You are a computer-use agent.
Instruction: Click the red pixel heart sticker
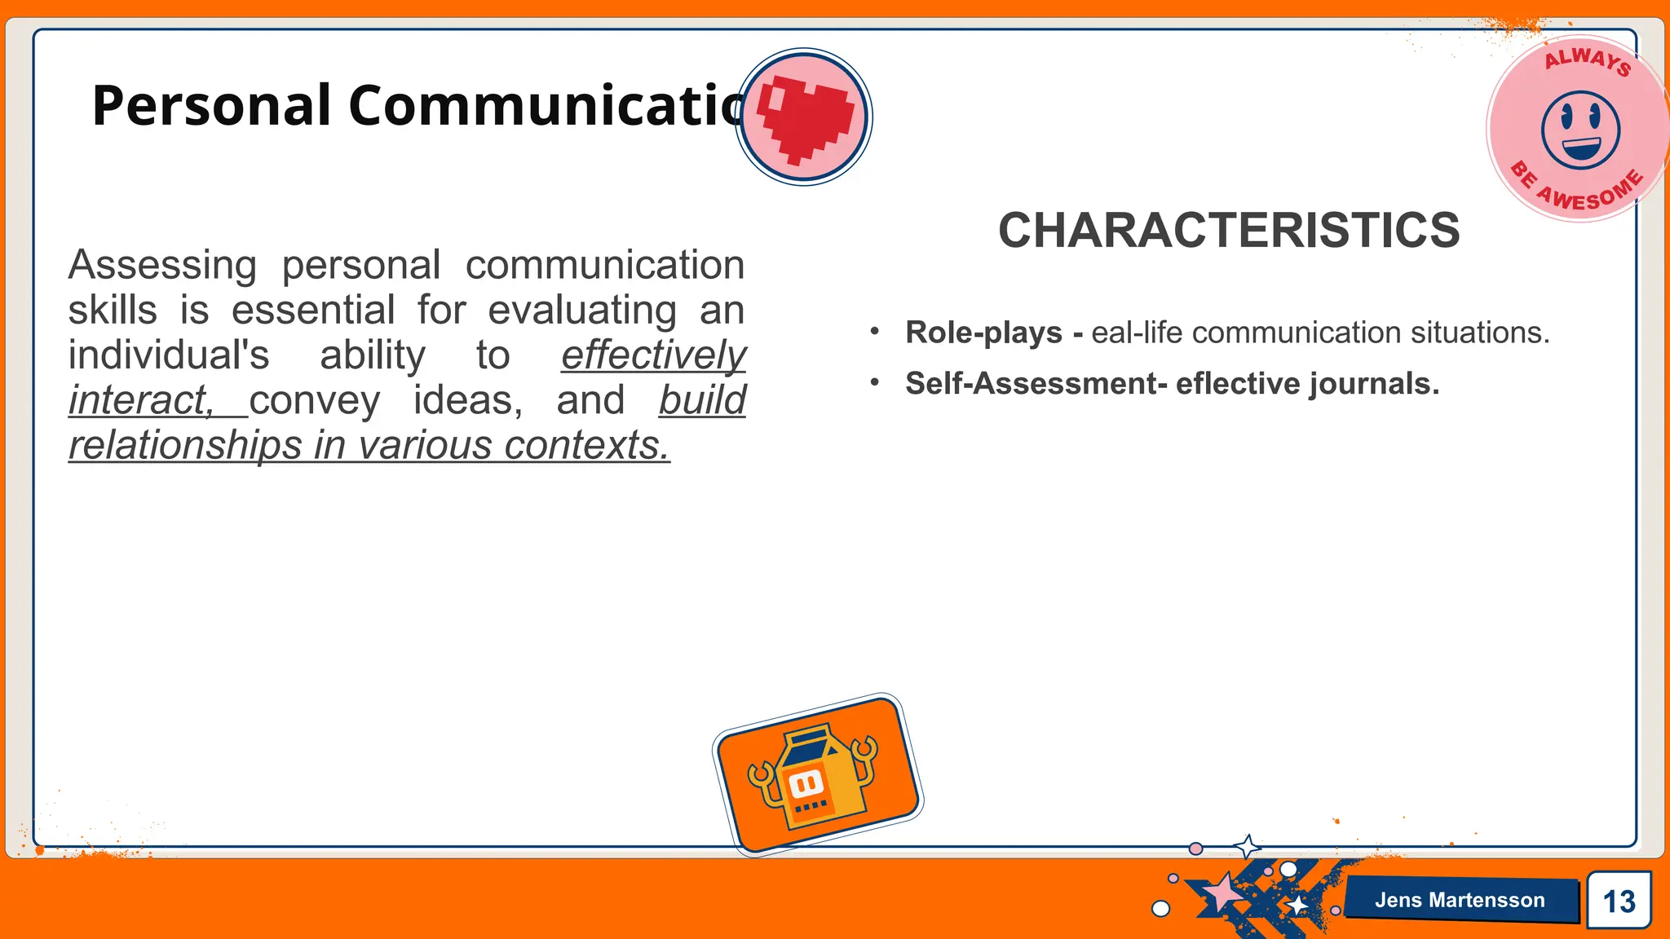(804, 117)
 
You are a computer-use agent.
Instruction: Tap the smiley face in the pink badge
(1580, 129)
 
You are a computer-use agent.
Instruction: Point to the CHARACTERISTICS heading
(1229, 230)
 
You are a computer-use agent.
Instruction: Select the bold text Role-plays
(983, 333)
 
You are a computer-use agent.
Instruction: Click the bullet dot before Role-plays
(875, 332)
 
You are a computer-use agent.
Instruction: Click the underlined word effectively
(653, 355)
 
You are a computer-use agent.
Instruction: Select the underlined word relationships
(184, 445)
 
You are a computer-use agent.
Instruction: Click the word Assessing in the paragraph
(162, 265)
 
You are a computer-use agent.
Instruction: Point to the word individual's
(169, 355)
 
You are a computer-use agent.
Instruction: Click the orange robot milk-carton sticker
(818, 774)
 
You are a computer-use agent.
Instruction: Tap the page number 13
(1619, 902)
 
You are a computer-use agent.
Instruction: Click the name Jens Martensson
(1459, 900)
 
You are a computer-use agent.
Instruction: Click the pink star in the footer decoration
(1222, 893)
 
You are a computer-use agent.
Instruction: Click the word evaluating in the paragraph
(582, 311)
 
